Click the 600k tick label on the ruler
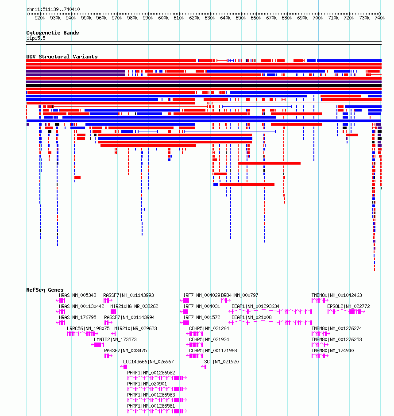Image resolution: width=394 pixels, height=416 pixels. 163,18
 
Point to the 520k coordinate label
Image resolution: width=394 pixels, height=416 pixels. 40,18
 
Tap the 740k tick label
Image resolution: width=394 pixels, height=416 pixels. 380,18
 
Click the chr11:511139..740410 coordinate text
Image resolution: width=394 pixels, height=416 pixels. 53,9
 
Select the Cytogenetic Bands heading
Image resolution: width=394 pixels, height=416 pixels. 53,33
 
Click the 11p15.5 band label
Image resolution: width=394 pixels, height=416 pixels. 36,38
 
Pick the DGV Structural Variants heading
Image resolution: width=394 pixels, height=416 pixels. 62,57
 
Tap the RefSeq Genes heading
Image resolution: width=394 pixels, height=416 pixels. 45,290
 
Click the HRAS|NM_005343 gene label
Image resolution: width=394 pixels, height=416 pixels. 77,295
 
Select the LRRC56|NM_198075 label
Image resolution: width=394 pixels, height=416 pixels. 88,328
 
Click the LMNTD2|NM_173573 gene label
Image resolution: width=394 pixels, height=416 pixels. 115,339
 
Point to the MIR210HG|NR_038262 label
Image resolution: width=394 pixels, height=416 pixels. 134,306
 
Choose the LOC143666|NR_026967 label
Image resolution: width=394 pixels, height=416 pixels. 148,362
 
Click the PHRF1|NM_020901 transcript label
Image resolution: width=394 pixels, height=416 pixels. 147,384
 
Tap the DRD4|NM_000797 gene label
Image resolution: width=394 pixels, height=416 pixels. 239,295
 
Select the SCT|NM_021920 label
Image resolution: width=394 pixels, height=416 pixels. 221,362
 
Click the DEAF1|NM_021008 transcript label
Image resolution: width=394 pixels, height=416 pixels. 251,318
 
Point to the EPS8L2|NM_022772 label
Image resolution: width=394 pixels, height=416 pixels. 348,306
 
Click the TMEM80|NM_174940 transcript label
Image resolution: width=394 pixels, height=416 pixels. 333,351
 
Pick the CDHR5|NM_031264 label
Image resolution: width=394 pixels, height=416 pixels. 209,328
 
